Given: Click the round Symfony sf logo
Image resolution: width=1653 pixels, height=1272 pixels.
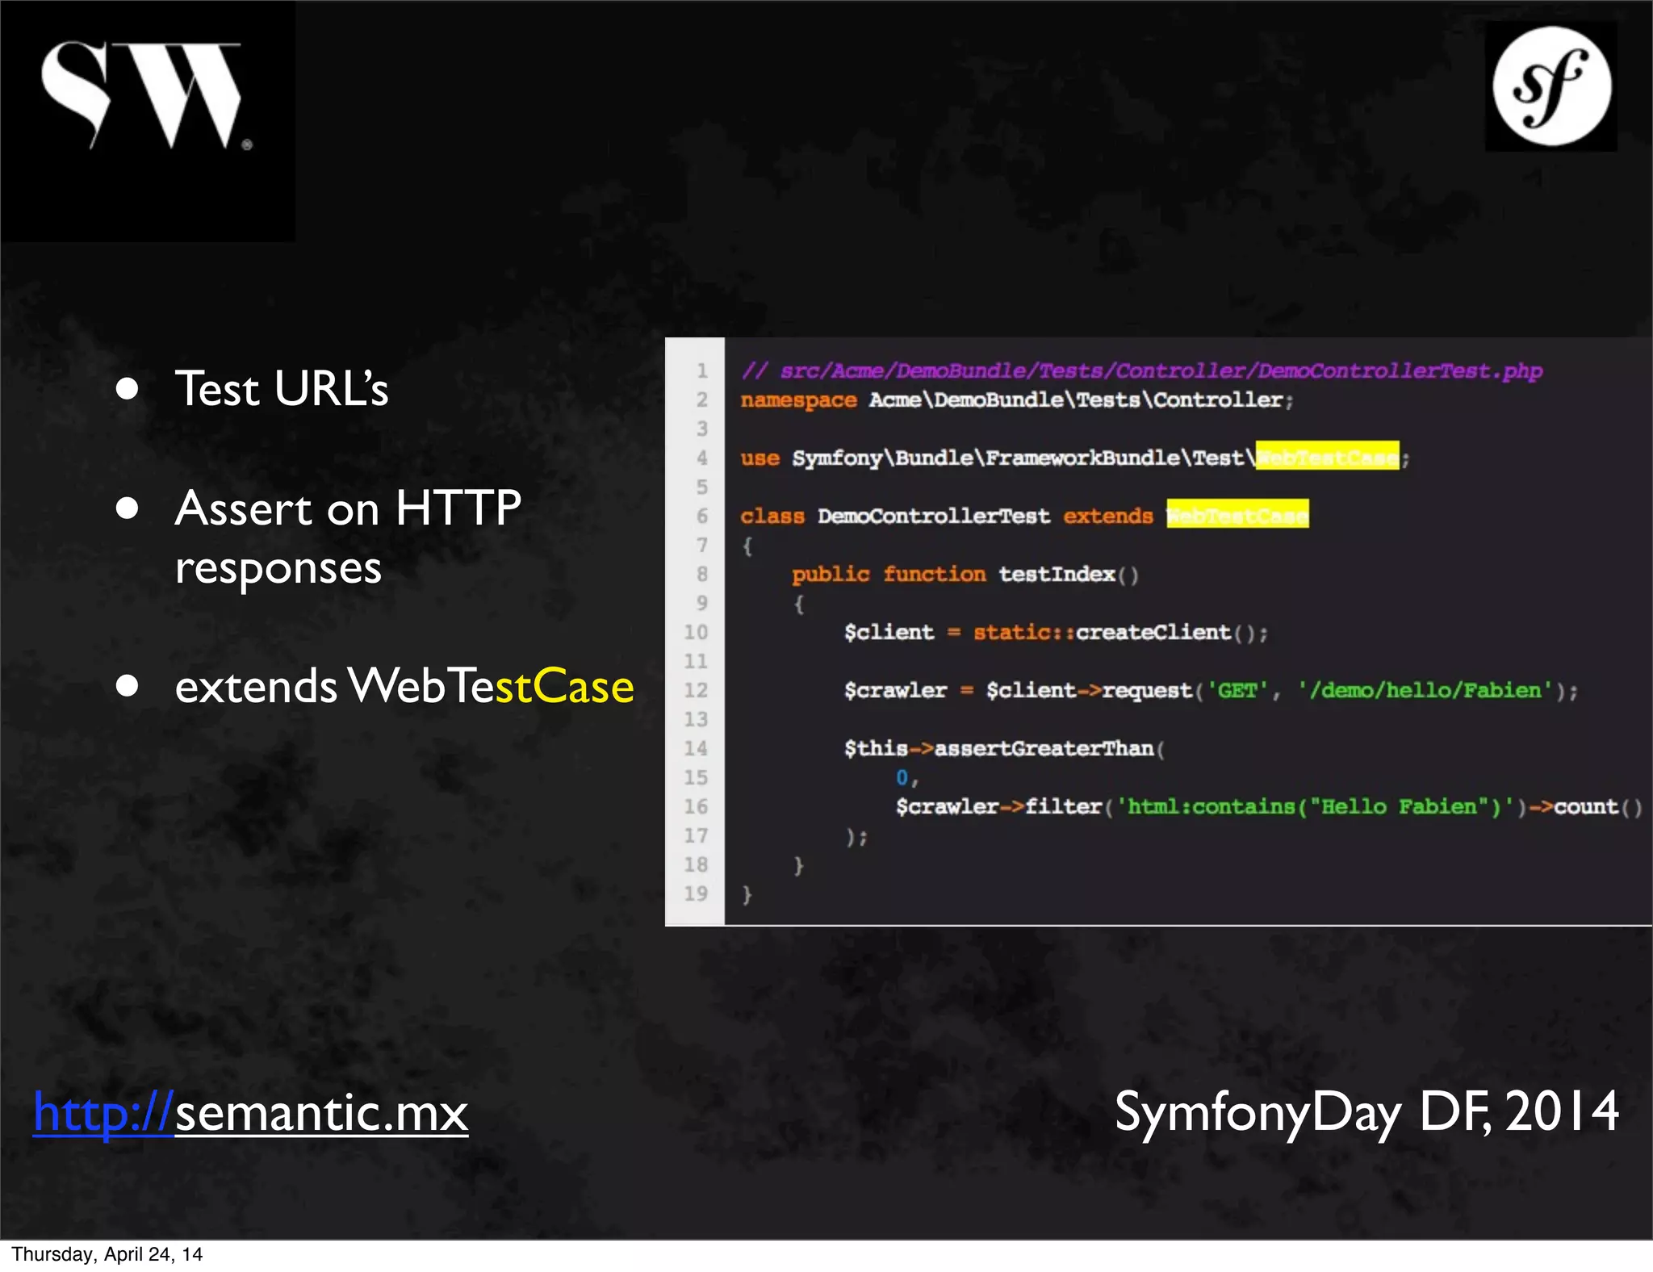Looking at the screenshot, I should coord(1551,86).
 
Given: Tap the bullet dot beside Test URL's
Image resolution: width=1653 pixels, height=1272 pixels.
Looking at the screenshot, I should coord(128,389).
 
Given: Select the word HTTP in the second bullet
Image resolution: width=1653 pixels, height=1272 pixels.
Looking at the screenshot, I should coord(458,508).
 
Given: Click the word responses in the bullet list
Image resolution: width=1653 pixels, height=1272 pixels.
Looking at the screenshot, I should coord(278,568).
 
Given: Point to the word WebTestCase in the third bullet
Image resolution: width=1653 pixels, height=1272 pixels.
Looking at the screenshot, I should coord(491,686).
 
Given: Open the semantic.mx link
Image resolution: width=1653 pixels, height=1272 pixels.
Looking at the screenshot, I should coord(250,1112).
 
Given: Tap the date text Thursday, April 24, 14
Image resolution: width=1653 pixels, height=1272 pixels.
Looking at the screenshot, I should coord(107,1254).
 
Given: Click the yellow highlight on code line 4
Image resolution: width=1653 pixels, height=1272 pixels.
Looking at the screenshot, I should coord(1327,458).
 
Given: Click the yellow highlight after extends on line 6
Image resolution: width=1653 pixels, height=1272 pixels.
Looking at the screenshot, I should coord(1237,515).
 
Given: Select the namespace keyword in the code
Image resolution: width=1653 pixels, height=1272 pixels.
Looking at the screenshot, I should coord(798,400).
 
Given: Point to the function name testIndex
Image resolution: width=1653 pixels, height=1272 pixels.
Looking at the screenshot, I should coord(1057,574).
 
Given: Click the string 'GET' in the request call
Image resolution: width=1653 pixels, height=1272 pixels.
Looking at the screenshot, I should coord(1237,691).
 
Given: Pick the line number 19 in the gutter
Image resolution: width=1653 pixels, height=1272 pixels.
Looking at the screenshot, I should coord(696,893).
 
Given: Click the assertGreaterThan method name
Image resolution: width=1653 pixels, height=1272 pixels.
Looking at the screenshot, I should coord(1044,749).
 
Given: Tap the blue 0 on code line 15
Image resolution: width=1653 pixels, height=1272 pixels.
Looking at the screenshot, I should coord(902,777).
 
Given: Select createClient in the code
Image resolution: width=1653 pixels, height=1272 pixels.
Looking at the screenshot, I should coord(1153,632).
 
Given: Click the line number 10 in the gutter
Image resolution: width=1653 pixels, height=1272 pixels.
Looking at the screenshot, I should coord(696,632).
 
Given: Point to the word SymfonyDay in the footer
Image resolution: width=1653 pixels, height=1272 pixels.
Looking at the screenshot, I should coord(1258,1112).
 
